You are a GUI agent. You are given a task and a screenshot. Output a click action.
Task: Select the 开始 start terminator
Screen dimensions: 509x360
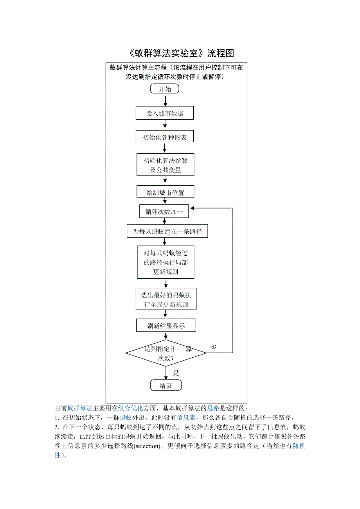(165, 89)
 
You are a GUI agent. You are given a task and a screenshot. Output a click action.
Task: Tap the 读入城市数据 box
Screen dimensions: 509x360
(165, 113)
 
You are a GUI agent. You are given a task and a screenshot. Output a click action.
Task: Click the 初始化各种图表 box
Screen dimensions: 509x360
(165, 137)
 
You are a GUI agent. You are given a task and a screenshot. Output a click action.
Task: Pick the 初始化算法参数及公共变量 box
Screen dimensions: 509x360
(165, 165)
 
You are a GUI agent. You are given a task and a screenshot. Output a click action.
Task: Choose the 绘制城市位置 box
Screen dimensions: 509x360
(165, 192)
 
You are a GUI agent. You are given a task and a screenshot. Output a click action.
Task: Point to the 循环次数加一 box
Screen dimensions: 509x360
(164, 211)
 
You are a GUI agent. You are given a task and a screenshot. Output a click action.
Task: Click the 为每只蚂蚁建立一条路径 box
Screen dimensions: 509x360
(167, 231)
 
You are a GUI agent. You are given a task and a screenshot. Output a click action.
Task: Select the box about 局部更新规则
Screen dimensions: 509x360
(166, 262)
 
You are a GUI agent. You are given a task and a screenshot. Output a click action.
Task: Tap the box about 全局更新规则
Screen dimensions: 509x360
(166, 299)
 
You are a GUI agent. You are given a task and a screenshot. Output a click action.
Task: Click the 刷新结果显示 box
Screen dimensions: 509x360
(166, 326)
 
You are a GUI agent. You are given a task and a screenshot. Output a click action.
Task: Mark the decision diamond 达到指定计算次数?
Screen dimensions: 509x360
(166, 353)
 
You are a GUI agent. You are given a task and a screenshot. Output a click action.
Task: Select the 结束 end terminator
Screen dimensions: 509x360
(166, 385)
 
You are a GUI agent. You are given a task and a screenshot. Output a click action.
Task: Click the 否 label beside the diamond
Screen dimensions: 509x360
(213, 348)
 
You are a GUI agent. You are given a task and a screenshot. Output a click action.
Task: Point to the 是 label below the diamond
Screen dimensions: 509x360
(176, 373)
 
